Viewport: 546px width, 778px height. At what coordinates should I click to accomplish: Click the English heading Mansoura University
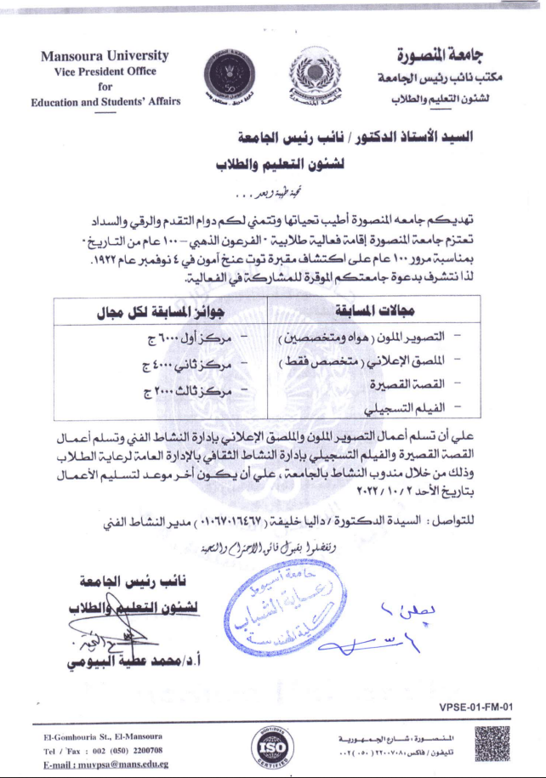pos(105,56)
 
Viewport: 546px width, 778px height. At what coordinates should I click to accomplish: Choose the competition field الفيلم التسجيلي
pos(417,406)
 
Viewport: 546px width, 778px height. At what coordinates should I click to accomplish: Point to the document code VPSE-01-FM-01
pos(476,707)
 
